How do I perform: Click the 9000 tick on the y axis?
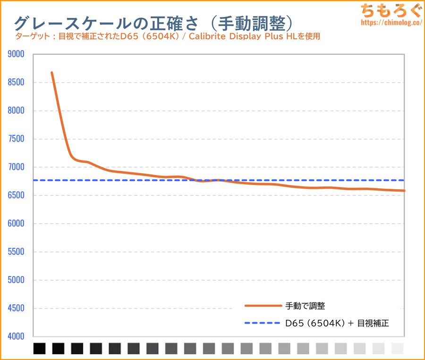[x=16, y=54]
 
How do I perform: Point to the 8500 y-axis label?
[x=16, y=83]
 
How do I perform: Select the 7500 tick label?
[x=16, y=139]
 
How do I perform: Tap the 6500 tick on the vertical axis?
[x=16, y=195]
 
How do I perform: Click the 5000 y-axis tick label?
[x=16, y=280]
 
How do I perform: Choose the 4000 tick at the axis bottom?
[x=16, y=336]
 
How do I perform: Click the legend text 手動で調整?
[x=305, y=306]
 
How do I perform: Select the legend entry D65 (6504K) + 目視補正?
[x=337, y=323]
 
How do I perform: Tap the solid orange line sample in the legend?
[x=263, y=306]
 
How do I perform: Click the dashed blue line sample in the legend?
[x=263, y=323]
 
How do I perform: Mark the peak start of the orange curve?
[x=51, y=73]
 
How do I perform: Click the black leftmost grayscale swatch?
[x=40, y=348]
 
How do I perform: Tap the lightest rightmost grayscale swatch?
[x=398, y=348]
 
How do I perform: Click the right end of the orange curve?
[x=404, y=191]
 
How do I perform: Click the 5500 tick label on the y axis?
[x=16, y=252]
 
